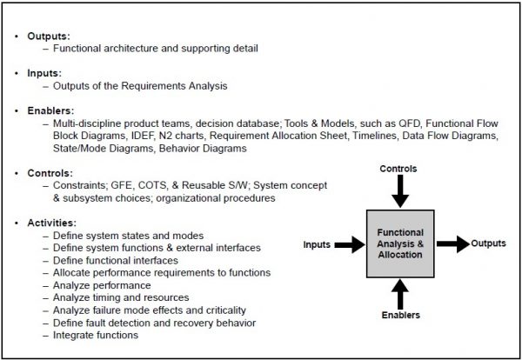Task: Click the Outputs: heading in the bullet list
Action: tap(45, 36)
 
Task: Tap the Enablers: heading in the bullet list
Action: tap(48, 110)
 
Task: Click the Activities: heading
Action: tap(50, 223)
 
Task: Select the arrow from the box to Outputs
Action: tap(452, 245)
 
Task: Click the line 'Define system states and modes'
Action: tap(128, 236)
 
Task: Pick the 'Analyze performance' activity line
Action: tap(102, 285)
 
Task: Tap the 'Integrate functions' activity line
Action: tap(96, 335)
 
